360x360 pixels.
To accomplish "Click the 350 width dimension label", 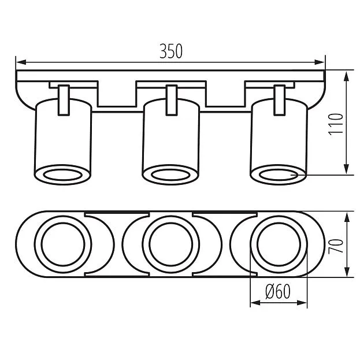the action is point(171,51).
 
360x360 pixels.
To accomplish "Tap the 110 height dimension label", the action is point(336,124).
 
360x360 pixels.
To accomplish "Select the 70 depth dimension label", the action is point(336,246).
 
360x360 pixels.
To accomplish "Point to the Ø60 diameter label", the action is point(278,291).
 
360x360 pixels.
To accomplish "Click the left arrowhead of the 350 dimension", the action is point(21,62).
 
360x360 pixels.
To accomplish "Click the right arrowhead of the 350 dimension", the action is point(320,62).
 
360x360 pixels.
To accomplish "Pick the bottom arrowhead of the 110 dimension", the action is point(347,169).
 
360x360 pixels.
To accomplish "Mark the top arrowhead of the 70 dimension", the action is point(347,217).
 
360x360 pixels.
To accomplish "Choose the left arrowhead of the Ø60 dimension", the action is point(255,303).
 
